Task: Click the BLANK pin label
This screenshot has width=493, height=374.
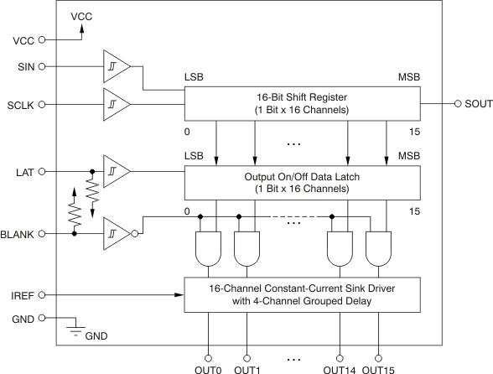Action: pyautogui.click(x=16, y=234)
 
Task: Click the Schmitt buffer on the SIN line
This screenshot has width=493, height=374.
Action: pyautogui.click(x=117, y=65)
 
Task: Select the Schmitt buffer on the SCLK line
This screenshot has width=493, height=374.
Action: pyautogui.click(x=117, y=104)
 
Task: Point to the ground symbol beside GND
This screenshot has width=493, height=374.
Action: pyautogui.click(x=75, y=325)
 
